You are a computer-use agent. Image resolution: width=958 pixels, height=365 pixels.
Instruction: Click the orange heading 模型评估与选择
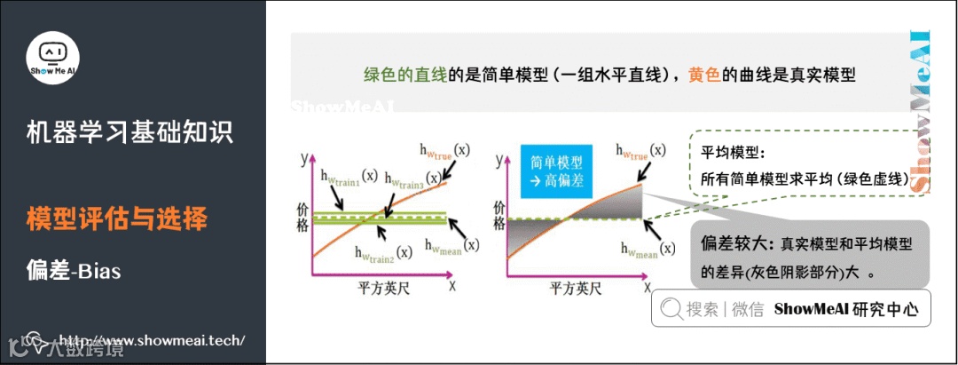click(x=117, y=218)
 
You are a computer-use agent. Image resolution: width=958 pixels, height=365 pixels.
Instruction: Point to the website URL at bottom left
click(x=151, y=341)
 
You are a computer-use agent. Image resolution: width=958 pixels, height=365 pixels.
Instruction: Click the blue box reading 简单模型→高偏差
click(x=556, y=170)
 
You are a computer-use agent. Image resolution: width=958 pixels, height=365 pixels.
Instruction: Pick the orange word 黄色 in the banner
click(x=704, y=75)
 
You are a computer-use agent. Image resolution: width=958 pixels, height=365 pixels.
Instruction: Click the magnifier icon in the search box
click(x=671, y=310)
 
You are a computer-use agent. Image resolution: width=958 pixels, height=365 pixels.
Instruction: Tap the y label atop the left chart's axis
click(x=304, y=160)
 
